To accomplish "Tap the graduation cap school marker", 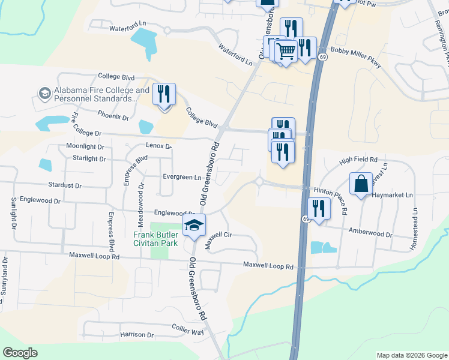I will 194,226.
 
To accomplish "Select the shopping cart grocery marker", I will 286,52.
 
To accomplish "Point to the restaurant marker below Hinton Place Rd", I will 318,209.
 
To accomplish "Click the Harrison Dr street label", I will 137,334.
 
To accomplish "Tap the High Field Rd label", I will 358,160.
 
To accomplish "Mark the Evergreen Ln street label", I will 182,177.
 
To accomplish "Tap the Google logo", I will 20,353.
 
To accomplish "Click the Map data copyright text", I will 411,355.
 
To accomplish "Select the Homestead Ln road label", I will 414,222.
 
